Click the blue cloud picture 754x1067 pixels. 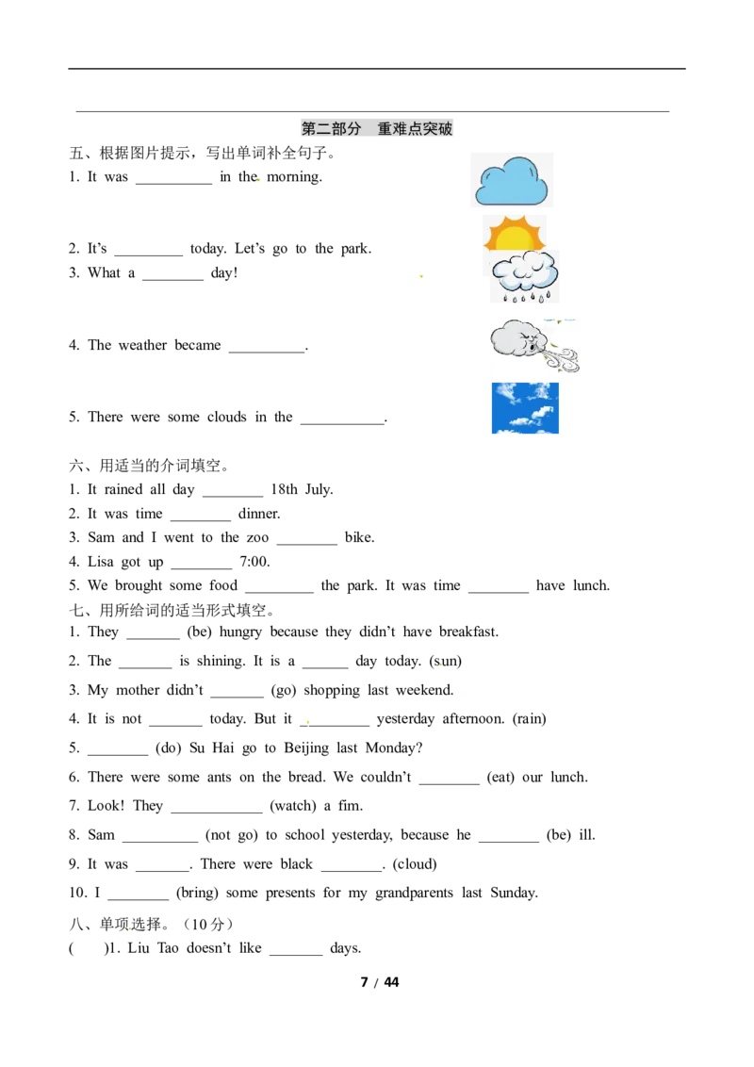click(x=511, y=180)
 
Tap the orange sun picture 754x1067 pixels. click(x=515, y=234)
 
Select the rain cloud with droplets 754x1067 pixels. click(x=525, y=276)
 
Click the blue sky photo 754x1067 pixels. click(x=525, y=408)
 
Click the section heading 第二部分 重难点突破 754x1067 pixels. click(x=377, y=128)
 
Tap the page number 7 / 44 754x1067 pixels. click(x=380, y=982)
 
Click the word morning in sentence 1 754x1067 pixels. click(x=295, y=177)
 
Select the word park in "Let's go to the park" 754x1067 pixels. click(x=356, y=249)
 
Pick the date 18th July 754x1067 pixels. click(x=303, y=489)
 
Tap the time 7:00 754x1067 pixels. click(x=255, y=562)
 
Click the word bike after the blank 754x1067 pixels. click(x=360, y=537)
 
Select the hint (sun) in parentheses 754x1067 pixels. click(x=446, y=661)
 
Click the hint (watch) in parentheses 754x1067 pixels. click(x=293, y=806)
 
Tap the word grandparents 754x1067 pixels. click(x=415, y=893)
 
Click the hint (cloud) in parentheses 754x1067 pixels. click(x=415, y=864)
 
